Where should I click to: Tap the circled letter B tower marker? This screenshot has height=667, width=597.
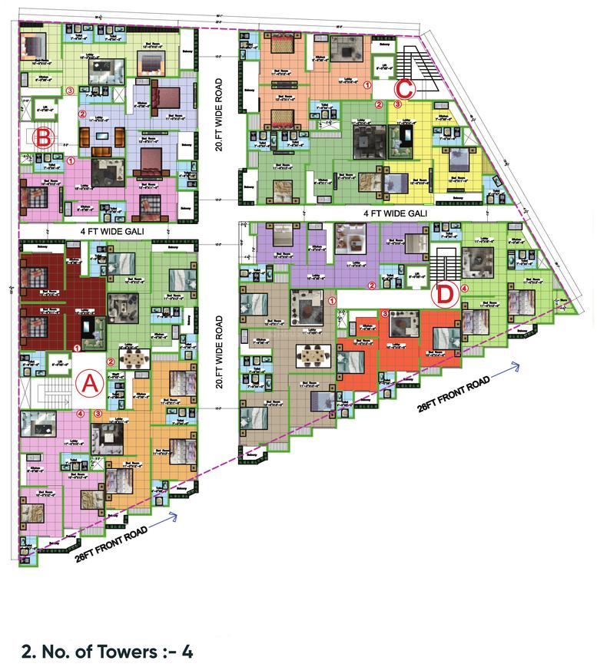tap(45, 138)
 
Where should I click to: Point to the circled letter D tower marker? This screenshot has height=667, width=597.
tap(446, 292)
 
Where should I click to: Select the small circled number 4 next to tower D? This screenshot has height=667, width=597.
tap(463, 289)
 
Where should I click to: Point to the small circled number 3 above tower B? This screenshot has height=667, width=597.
tap(70, 91)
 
